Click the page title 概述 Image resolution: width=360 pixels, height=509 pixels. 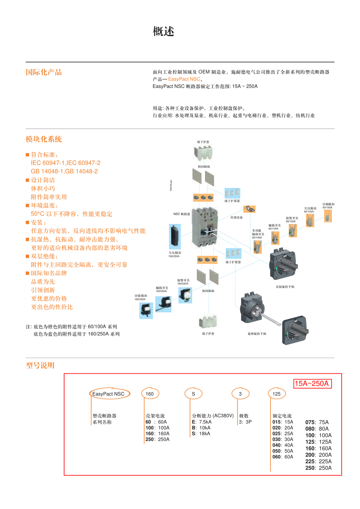[x=163, y=32]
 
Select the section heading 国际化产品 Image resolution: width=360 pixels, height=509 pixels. [x=44, y=72]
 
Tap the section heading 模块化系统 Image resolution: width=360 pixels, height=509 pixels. [x=44, y=139]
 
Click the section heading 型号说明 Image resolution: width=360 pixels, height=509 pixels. [x=40, y=366]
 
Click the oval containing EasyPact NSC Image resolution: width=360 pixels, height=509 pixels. [x=108, y=394]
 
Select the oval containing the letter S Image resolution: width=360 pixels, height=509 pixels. [x=193, y=394]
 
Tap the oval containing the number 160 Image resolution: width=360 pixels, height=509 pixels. [x=150, y=394]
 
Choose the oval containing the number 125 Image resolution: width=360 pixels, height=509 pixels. [x=277, y=394]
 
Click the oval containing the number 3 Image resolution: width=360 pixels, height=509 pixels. [x=240, y=394]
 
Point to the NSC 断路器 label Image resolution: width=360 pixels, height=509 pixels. [x=182, y=214]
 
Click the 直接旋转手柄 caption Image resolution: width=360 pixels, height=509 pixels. [x=285, y=287]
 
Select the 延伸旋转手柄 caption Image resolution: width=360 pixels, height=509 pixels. [x=257, y=334]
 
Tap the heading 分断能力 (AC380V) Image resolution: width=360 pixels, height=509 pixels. [x=212, y=416]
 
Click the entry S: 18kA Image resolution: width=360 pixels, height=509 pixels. [x=201, y=434]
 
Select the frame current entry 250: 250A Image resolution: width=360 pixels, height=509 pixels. [x=157, y=439]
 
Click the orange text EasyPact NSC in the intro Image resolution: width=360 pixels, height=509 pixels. [x=184, y=79]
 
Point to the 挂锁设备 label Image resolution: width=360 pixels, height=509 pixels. [x=236, y=217]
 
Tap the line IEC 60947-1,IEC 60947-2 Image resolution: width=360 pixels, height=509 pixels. [x=65, y=163]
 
